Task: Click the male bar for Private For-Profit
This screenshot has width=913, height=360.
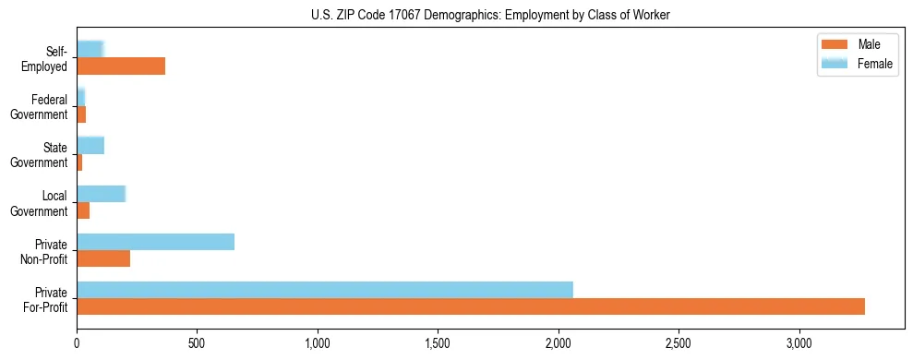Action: coord(471,306)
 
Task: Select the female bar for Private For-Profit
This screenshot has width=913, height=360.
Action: coord(325,290)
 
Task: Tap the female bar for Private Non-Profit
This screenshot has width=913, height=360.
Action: coord(155,242)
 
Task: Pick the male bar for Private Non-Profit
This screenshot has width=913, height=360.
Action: coord(103,258)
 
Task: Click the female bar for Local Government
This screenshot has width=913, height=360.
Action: coord(101,194)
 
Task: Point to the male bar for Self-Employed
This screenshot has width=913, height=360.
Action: coord(121,66)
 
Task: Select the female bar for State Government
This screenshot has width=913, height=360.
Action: coord(90,145)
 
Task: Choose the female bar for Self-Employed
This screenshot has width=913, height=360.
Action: coord(90,50)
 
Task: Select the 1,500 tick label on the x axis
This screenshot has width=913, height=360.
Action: coord(438,342)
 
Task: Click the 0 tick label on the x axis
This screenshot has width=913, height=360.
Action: coord(77,342)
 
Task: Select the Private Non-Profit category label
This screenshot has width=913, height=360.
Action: coord(45,251)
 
